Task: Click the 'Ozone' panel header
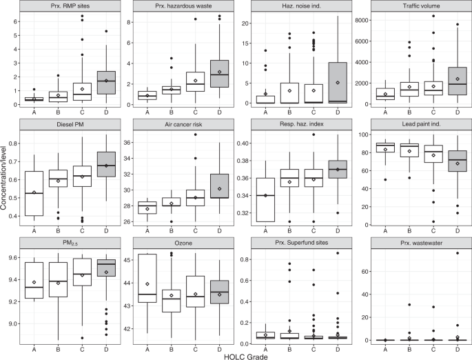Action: click(185, 245)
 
